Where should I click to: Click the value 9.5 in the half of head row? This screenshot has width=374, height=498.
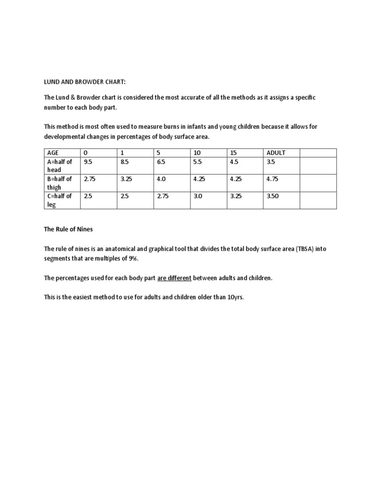coord(88,161)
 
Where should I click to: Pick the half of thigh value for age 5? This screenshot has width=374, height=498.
coord(162,179)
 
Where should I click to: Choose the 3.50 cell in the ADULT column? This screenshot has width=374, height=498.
coord(273,196)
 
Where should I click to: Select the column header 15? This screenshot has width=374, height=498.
coord(234,153)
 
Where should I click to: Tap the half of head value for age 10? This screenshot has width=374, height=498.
coord(197,161)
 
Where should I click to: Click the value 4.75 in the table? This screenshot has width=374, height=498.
coord(273,179)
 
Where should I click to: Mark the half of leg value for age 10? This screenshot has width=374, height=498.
coord(197,196)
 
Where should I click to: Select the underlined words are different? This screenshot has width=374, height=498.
coord(174,278)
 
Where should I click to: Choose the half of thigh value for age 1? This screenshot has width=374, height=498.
coord(127,179)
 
